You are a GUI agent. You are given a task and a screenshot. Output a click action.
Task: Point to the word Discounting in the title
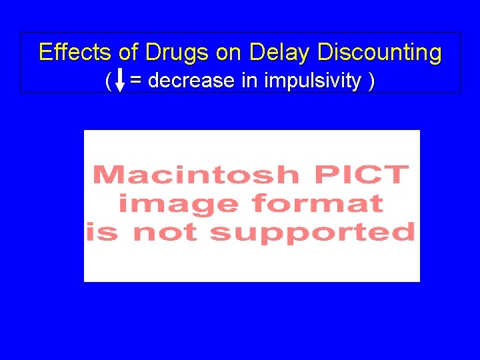pyautogui.click(x=379, y=52)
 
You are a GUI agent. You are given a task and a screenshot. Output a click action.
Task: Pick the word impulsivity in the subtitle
pyautogui.click(x=313, y=81)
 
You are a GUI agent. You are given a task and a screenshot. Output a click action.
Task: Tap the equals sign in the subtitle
pyautogui.click(x=135, y=81)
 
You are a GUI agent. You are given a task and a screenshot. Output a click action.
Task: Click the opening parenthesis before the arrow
pyautogui.click(x=108, y=81)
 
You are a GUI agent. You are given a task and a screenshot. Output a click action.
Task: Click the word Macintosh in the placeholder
pyautogui.click(x=196, y=175)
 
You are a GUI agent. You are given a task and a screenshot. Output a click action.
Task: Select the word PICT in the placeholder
pyautogui.click(x=361, y=175)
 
